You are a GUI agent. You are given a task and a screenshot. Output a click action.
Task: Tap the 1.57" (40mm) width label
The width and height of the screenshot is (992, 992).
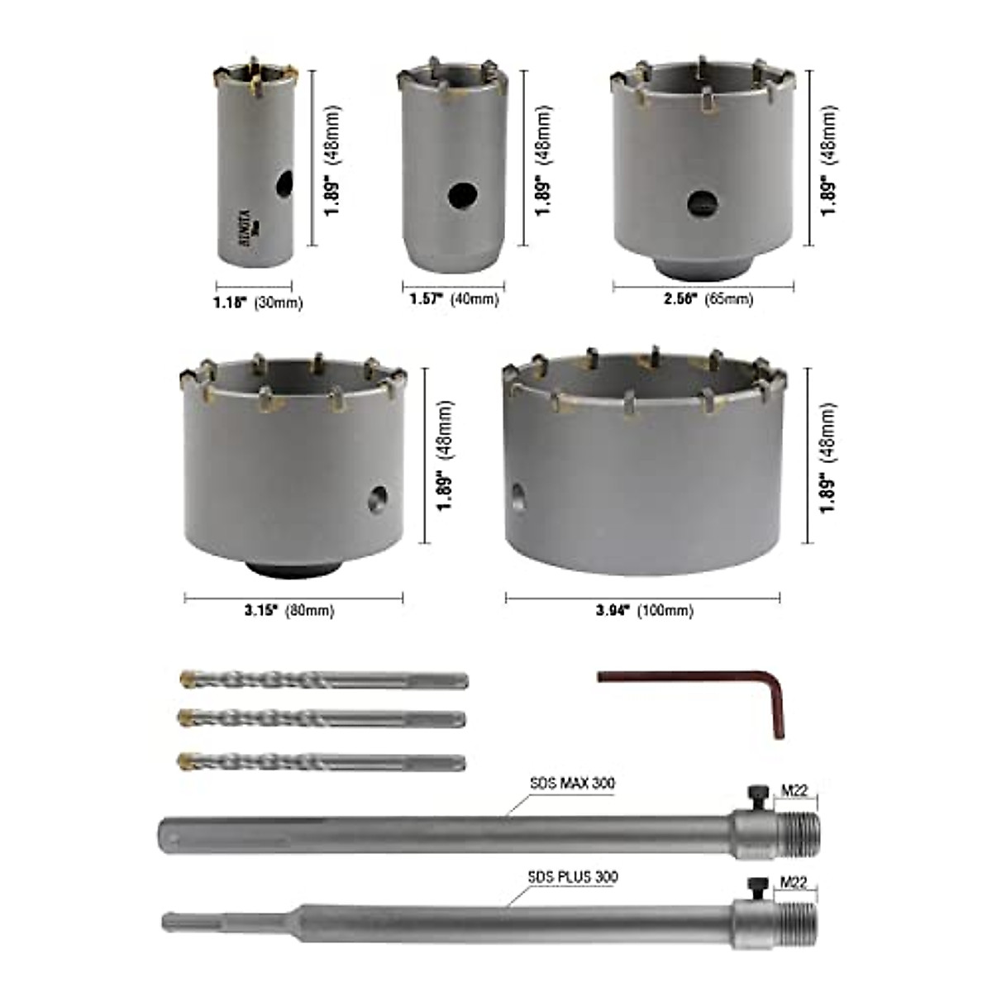[454, 299]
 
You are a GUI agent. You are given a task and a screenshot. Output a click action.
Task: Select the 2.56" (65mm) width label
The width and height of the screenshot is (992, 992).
[708, 299]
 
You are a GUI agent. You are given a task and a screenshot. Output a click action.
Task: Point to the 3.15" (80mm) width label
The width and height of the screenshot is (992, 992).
[289, 611]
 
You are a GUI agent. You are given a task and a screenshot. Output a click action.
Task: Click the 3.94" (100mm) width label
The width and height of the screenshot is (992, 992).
[645, 611]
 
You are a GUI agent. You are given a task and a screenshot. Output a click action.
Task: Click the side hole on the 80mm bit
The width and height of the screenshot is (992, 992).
[378, 498]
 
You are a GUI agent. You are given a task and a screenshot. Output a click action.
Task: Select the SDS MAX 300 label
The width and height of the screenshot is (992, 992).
[572, 783]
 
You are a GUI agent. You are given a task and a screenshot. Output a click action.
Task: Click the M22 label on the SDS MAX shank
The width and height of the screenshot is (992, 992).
[794, 791]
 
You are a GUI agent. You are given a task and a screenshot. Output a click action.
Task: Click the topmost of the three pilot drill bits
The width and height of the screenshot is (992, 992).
[323, 680]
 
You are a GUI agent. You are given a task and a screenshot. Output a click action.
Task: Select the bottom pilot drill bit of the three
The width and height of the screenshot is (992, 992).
[322, 761]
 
